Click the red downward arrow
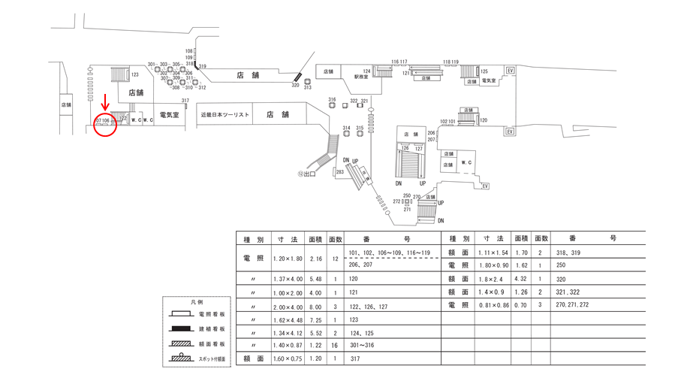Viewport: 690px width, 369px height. tap(106, 102)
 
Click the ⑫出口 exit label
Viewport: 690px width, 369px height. tap(306, 174)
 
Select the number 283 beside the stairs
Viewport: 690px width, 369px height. tap(339, 172)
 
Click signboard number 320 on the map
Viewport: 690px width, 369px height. tap(295, 86)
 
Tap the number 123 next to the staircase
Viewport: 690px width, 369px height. tap(135, 75)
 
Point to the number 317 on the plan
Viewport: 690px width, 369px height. tap(185, 100)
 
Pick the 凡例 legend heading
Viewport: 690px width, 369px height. tap(197, 301)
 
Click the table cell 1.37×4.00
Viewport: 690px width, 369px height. tap(285, 279)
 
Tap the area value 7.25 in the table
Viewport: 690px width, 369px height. tap(315, 319)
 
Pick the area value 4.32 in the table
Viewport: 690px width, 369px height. tap(520, 279)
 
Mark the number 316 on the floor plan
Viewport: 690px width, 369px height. tap(332, 100)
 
